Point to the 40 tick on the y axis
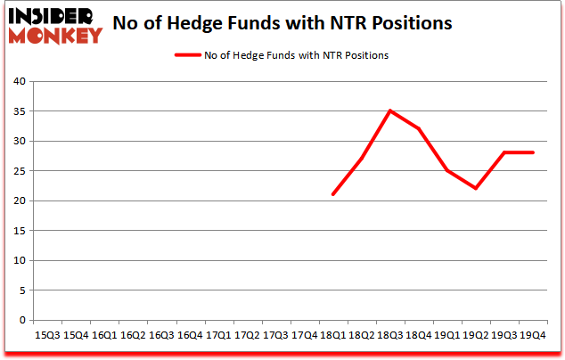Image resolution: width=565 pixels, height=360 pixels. coord(19,82)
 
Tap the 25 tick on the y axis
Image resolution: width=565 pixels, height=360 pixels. coord(19,171)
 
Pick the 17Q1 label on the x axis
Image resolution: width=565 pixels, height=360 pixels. coord(218,335)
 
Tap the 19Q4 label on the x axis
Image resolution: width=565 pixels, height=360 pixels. coord(533,335)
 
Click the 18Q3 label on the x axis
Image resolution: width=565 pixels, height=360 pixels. coord(390,335)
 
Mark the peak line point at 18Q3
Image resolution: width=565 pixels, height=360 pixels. coord(390,110)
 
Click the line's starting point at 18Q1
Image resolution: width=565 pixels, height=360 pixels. coord(332,194)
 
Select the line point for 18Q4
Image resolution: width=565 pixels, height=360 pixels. coord(419,128)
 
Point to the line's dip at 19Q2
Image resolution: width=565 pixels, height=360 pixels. coord(476,188)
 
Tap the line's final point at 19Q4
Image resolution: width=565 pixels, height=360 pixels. coord(533,152)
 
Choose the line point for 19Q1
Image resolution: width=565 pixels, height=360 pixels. coord(447,170)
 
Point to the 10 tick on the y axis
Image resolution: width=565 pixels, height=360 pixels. coord(19,261)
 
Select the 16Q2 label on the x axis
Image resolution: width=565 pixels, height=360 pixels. coord(133,335)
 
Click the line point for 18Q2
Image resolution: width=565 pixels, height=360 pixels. coord(362,159)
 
